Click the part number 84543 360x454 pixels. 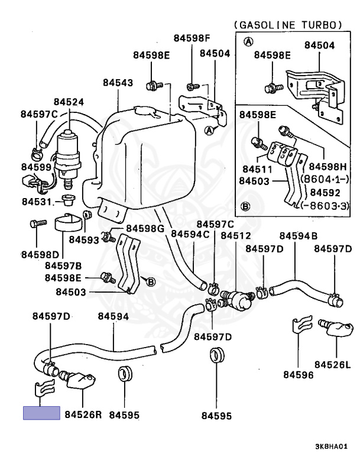click(118, 83)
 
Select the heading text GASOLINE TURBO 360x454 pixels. click(289, 25)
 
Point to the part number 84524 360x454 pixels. click(69, 102)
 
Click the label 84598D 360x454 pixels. click(40, 254)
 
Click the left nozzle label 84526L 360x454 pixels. click(332, 364)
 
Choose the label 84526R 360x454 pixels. click(83, 414)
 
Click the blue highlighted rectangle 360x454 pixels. click(41, 412)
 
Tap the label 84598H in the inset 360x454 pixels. click(327, 167)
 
